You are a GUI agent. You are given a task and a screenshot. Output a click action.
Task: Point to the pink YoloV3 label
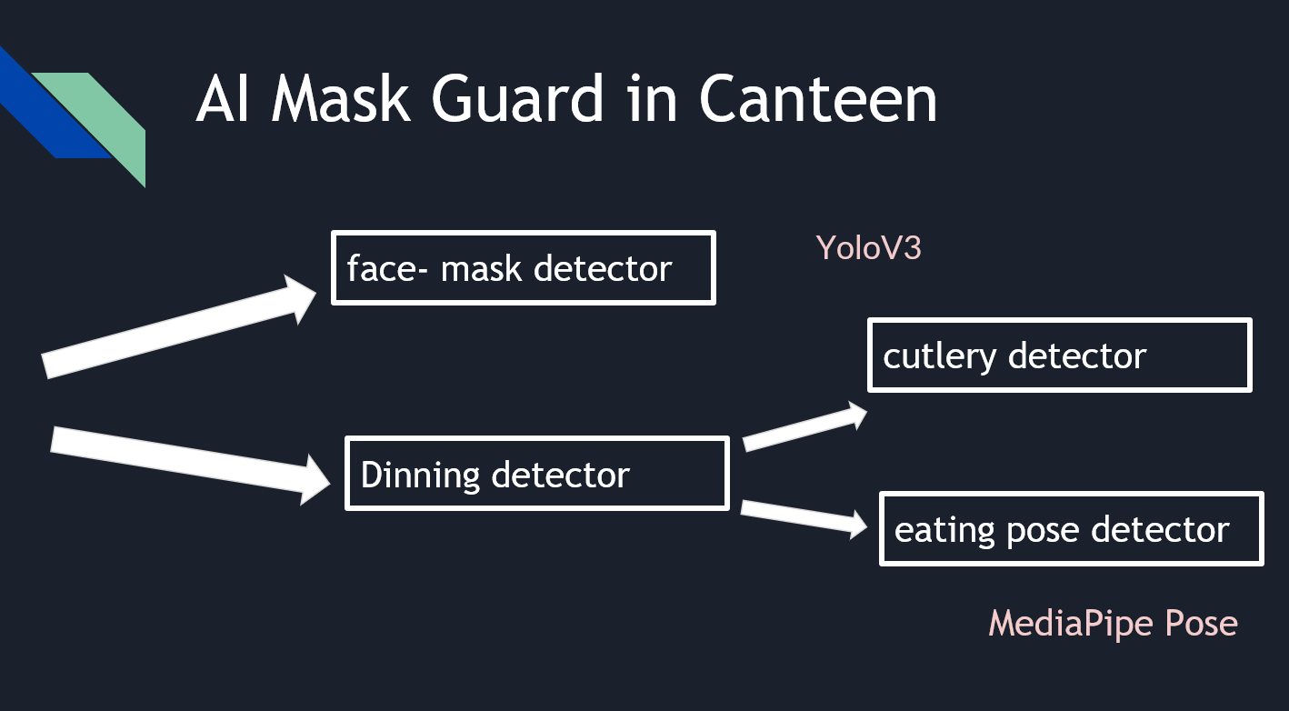click(868, 247)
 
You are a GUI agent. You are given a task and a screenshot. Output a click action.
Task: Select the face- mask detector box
click(523, 267)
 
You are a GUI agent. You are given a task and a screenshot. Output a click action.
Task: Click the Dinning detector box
click(536, 474)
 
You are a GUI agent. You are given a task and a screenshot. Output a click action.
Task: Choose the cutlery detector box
click(1059, 355)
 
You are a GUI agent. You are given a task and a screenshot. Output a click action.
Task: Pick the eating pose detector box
click(1071, 529)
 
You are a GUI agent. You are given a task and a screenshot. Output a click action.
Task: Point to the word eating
click(943, 530)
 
